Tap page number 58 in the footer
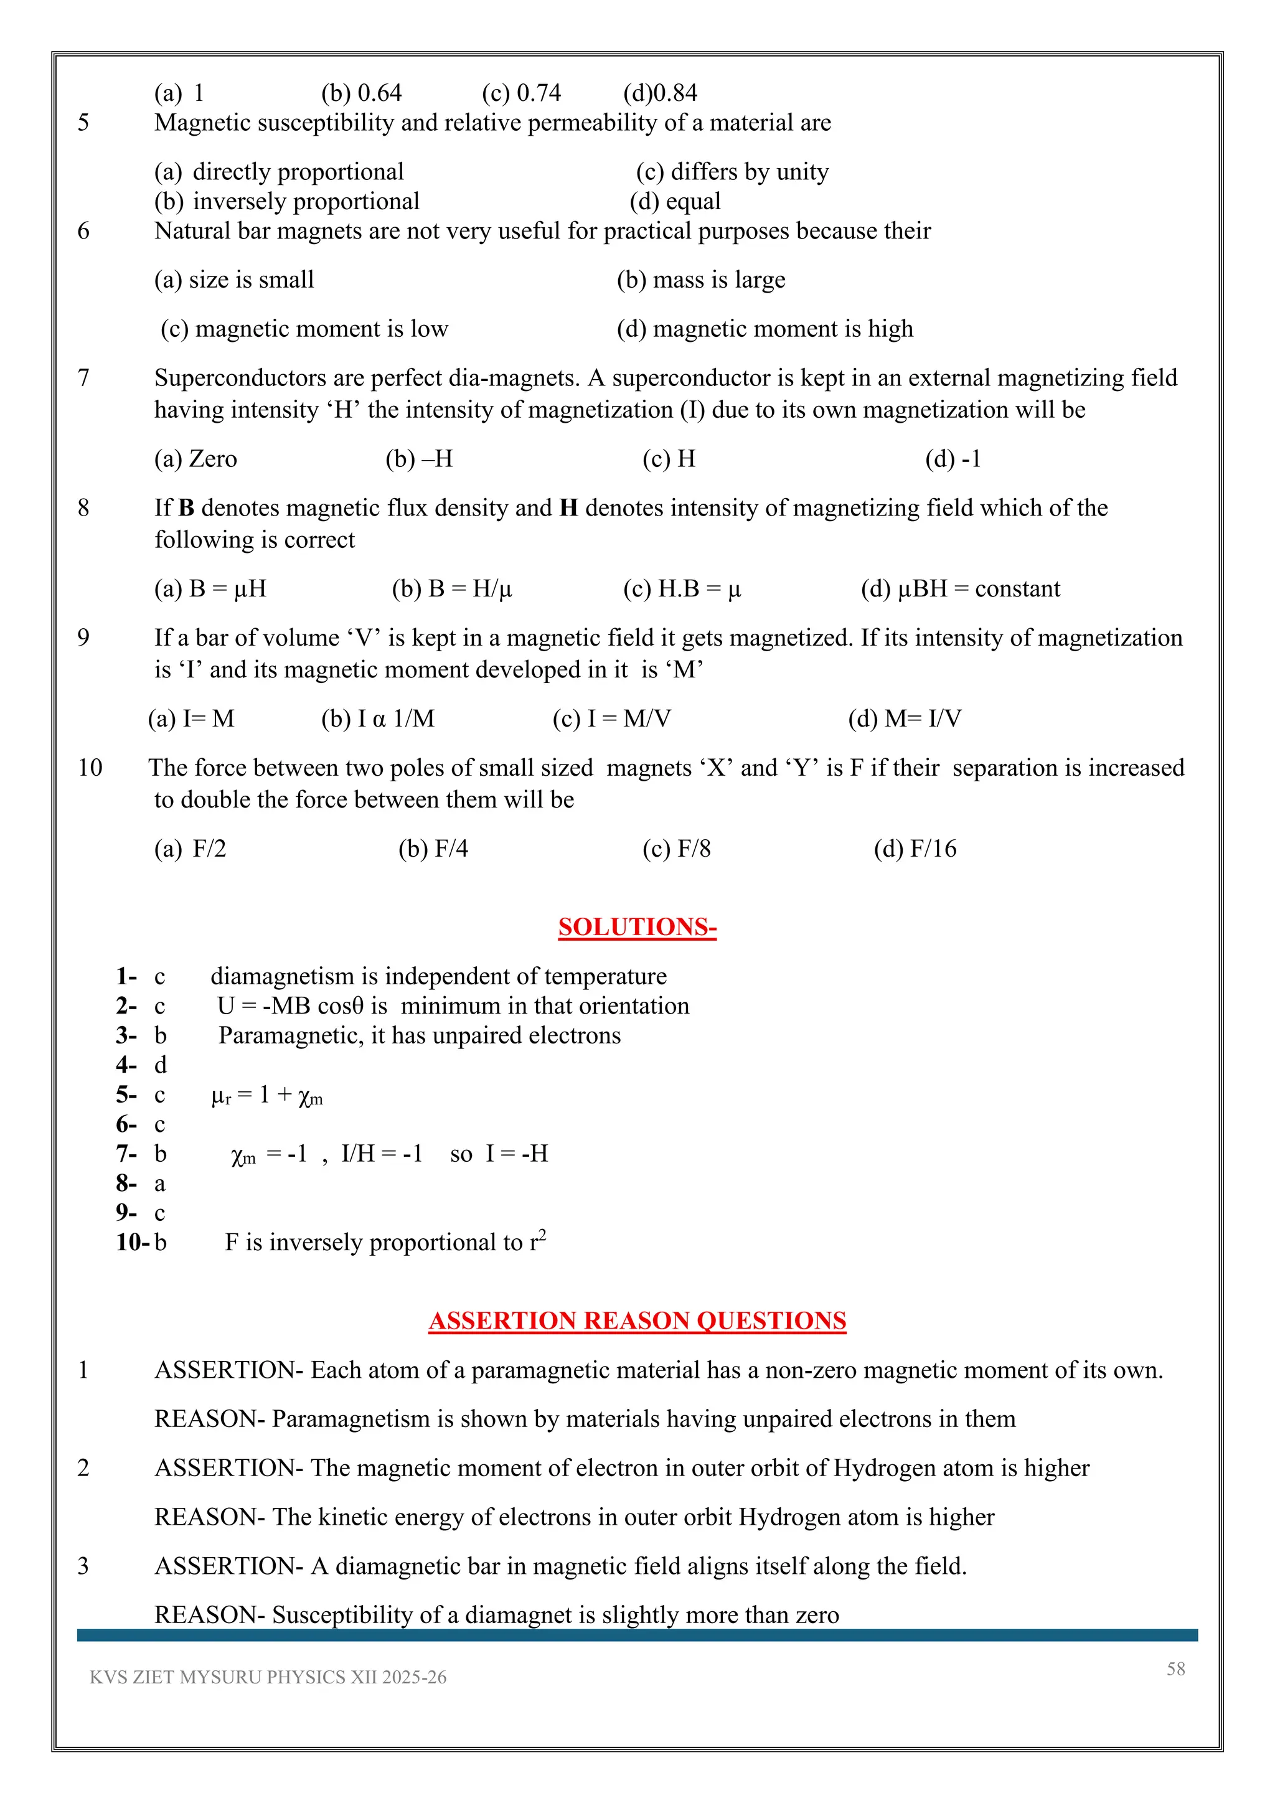[x=1175, y=1669]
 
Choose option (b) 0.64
[x=361, y=93]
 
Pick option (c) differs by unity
[x=732, y=171]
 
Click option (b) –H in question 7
[x=418, y=459]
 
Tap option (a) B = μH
[x=210, y=588]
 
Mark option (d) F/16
[x=915, y=848]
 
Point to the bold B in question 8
[x=186, y=508]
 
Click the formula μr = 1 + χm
[x=267, y=1096]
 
